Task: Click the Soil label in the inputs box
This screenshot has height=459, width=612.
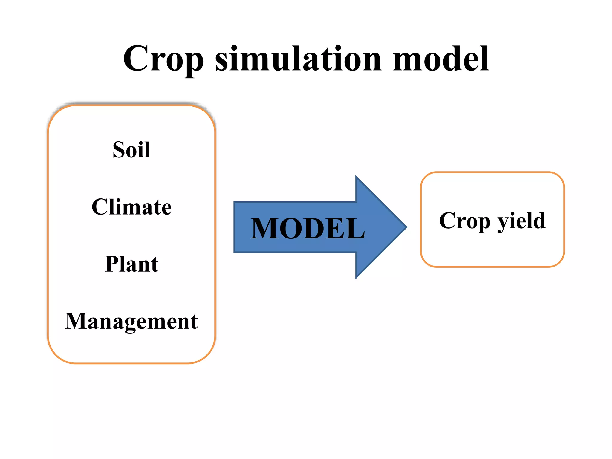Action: (131, 150)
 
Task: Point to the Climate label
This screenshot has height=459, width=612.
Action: (131, 207)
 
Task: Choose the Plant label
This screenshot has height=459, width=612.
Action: (131, 264)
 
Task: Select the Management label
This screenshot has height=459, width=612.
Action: (131, 322)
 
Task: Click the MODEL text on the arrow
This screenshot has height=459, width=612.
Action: (307, 229)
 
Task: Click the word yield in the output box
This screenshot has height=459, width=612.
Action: (521, 221)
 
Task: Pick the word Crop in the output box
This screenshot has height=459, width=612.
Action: (465, 221)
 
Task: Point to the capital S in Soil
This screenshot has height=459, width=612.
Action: (119, 150)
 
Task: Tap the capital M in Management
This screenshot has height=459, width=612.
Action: (76, 321)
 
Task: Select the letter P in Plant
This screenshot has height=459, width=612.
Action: (111, 264)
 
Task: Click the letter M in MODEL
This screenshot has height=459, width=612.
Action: (265, 229)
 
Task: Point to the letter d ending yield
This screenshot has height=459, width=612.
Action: (540, 221)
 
